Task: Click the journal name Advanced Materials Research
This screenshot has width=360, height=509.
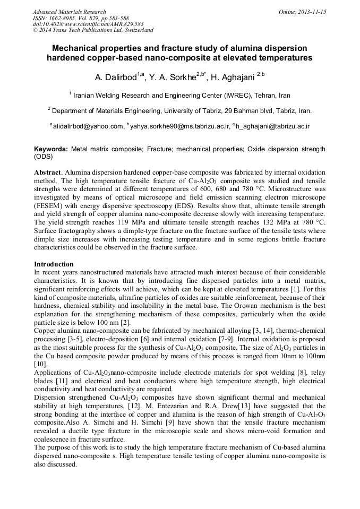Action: pos(69,12)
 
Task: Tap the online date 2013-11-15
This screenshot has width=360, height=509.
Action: pos(312,12)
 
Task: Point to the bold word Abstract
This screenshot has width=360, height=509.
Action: pos(48,173)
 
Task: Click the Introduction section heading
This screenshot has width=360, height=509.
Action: pos(54,264)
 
